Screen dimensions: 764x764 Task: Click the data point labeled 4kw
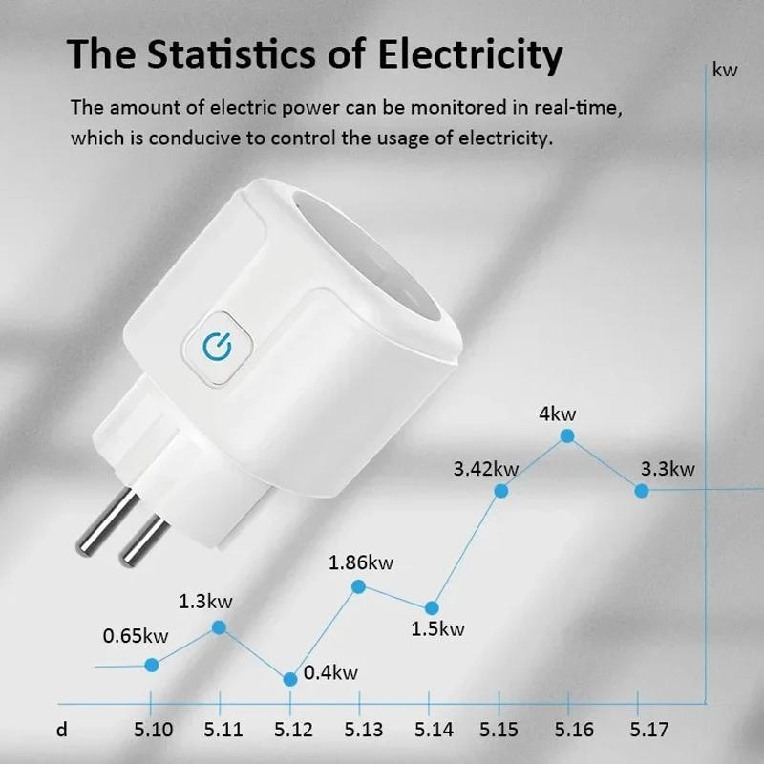567,435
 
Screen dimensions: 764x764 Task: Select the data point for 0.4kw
290,678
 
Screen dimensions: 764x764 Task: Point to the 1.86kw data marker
359,585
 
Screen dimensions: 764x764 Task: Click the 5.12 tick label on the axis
292,731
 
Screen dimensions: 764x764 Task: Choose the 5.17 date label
649,731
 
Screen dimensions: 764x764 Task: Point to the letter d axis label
62,731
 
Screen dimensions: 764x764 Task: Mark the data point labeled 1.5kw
432,607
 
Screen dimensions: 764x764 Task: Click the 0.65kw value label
136,635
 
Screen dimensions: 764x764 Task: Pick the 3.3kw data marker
642,490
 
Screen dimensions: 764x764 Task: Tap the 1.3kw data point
219,627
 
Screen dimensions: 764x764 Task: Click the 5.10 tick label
154,731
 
